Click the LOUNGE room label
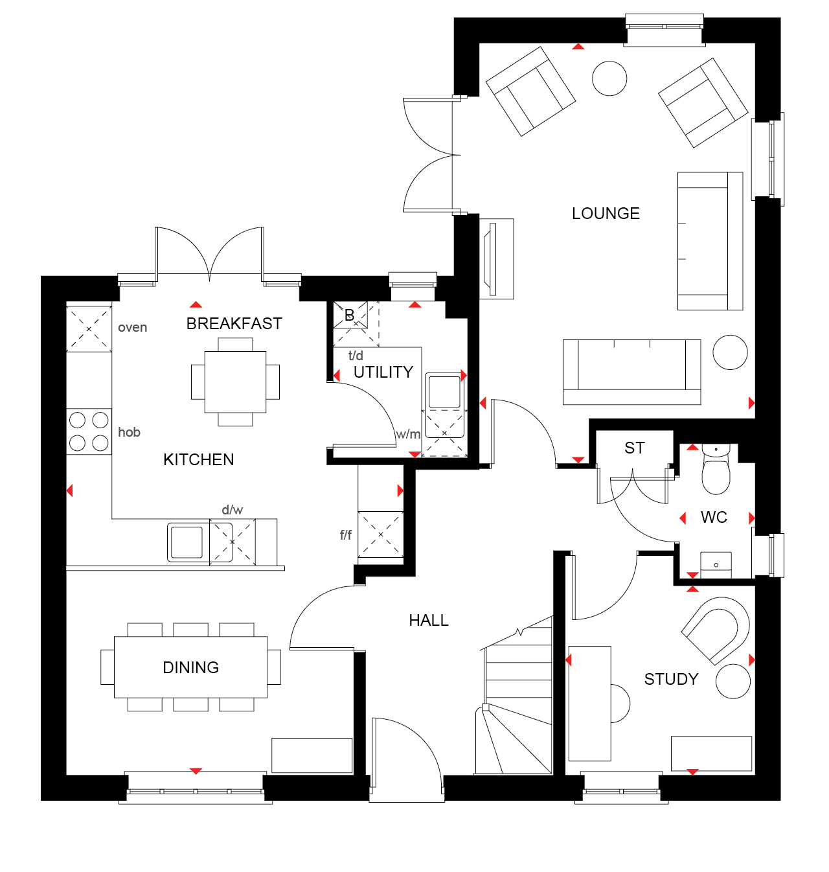(x=606, y=213)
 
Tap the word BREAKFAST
(x=234, y=324)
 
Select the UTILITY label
(x=383, y=372)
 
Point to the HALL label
(x=429, y=620)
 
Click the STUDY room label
(x=671, y=679)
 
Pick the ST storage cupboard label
(x=634, y=448)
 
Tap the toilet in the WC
(x=716, y=470)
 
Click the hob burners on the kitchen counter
(x=89, y=431)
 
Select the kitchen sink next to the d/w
(x=187, y=542)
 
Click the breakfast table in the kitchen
(x=235, y=382)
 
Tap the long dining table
(x=190, y=667)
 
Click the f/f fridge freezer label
(x=346, y=535)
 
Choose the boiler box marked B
(x=350, y=315)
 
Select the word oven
(x=132, y=327)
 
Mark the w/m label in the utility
(x=408, y=434)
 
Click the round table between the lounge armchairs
(x=609, y=78)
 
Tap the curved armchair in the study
(x=715, y=631)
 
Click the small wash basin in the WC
(x=716, y=565)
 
